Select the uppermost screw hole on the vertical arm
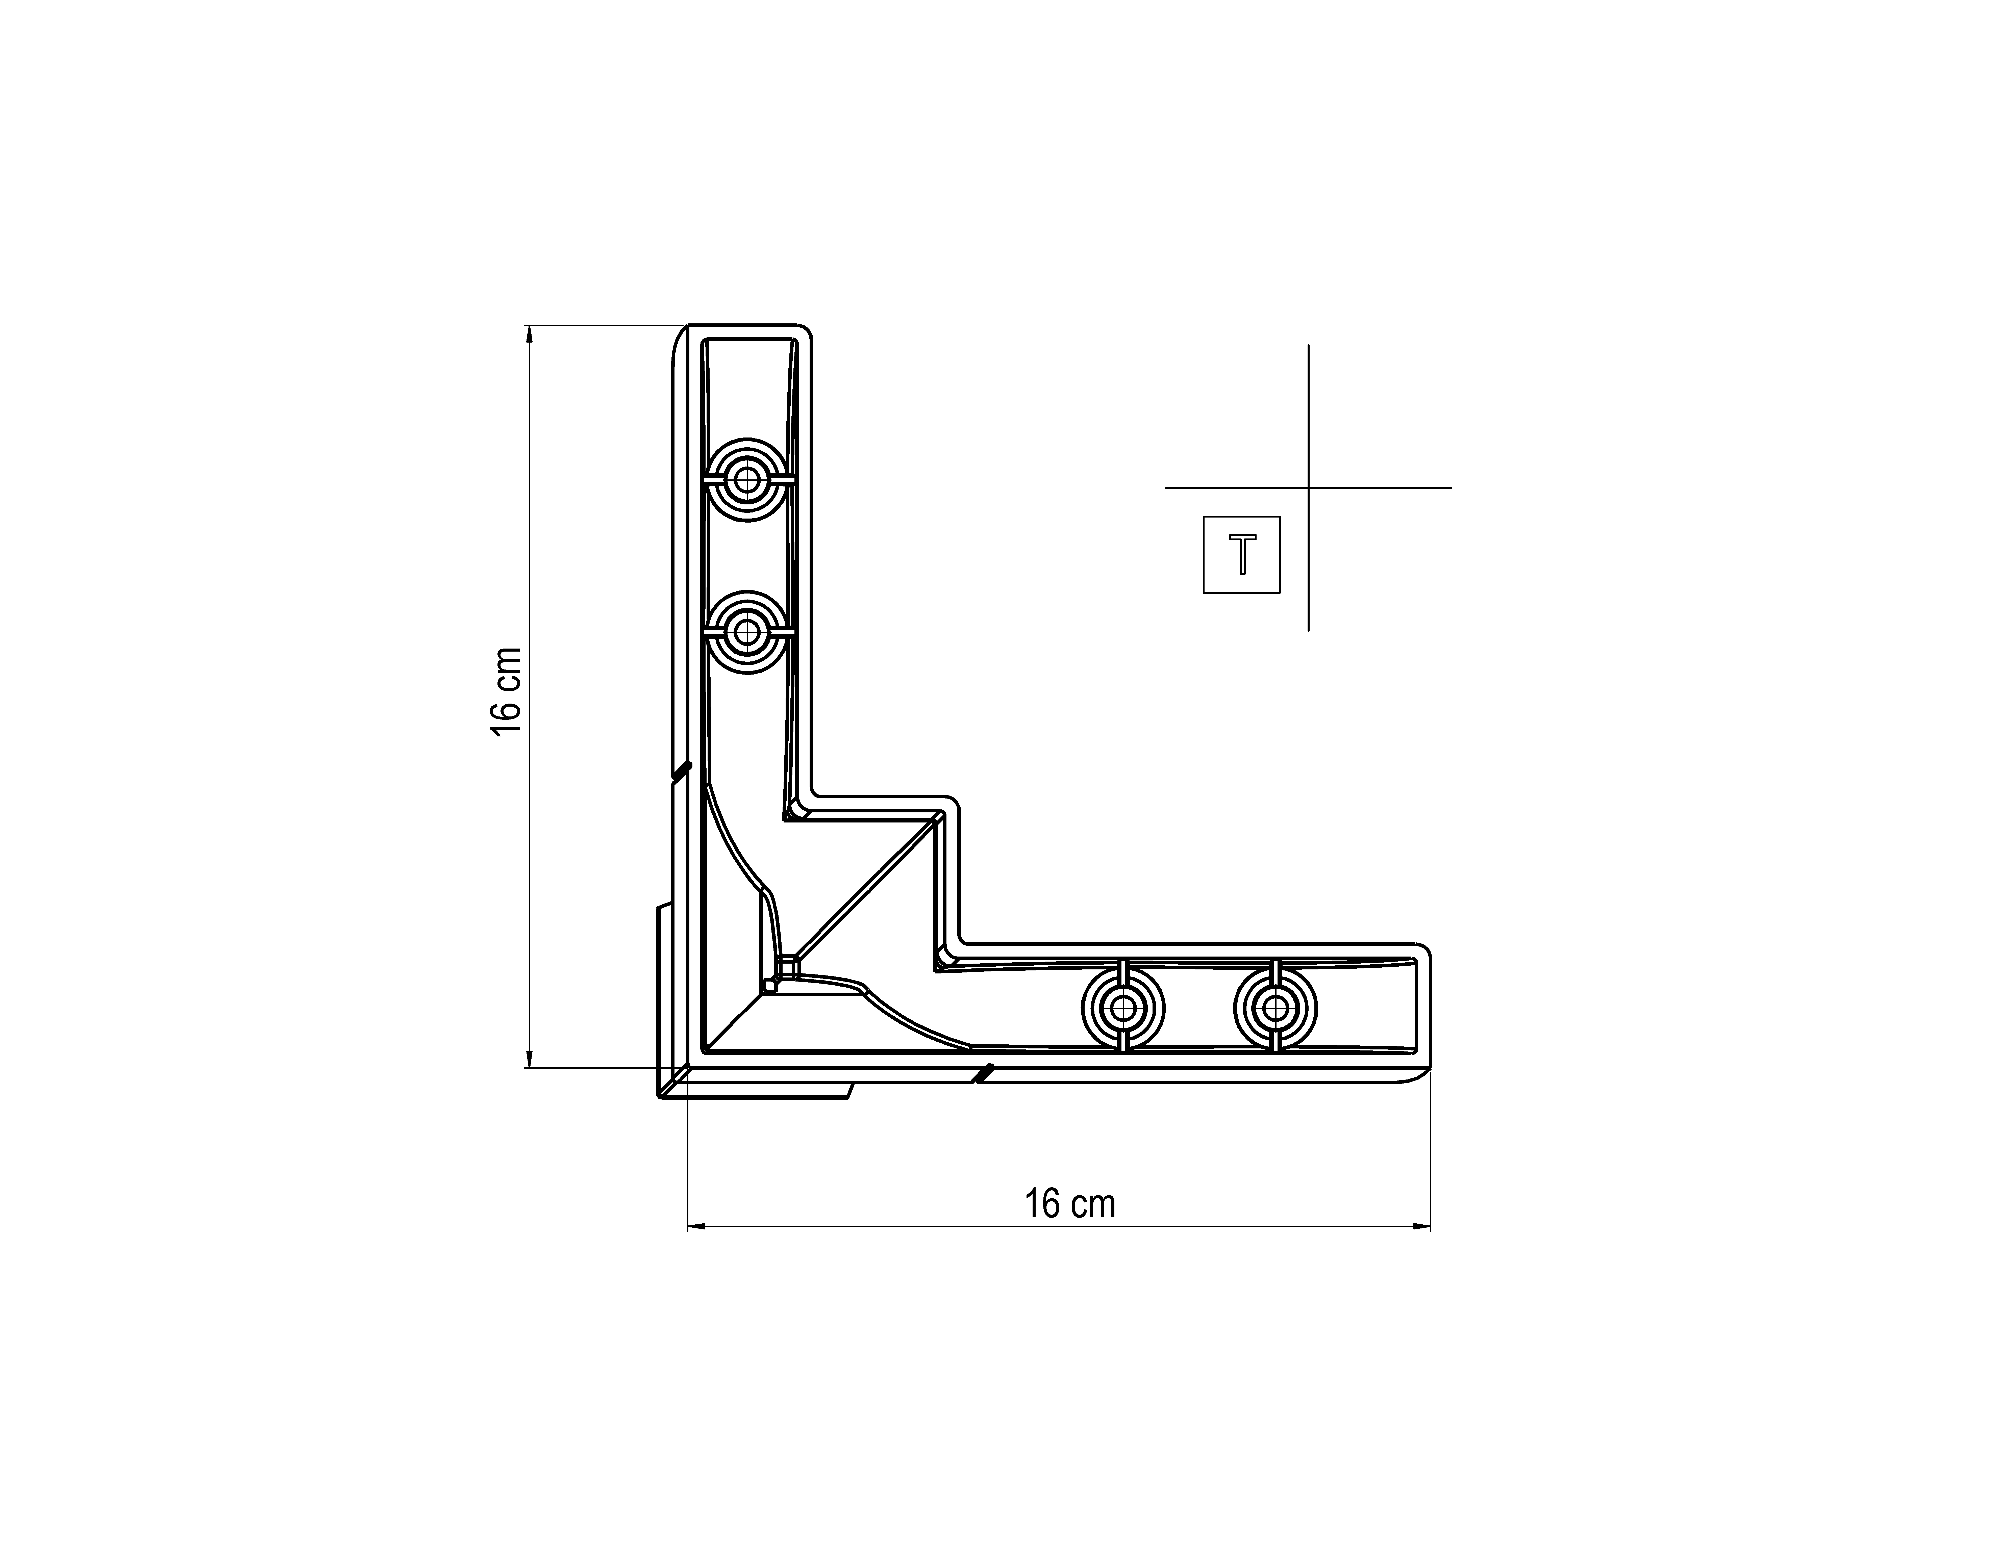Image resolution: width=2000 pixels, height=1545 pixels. [747, 480]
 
